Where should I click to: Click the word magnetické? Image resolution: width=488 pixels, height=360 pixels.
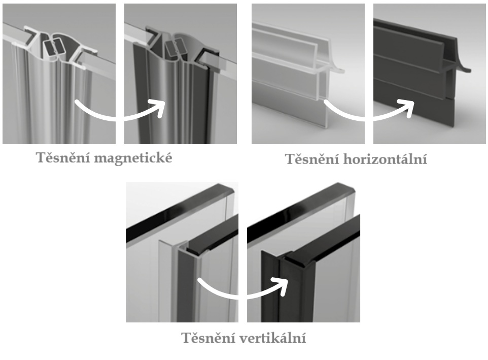133,158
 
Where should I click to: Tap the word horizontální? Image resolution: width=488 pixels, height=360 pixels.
386,159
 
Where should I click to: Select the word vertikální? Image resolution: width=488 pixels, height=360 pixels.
272,338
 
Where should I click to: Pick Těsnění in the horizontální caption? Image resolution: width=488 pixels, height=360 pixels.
312,158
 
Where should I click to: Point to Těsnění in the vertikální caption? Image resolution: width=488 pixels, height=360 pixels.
208,337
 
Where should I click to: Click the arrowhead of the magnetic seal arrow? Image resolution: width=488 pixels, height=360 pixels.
158,108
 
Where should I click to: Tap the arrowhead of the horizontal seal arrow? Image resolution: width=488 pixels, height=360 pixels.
408,108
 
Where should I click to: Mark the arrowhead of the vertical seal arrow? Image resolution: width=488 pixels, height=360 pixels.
282,286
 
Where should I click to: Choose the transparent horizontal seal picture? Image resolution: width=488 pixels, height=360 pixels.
308,74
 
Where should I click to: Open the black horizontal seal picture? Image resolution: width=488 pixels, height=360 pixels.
430,74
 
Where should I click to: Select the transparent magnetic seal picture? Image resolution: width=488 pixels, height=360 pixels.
59,74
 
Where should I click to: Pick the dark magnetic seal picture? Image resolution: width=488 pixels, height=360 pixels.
181,74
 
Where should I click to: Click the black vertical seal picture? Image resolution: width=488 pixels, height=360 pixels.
303,252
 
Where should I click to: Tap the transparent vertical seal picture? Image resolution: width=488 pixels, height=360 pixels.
182,252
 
